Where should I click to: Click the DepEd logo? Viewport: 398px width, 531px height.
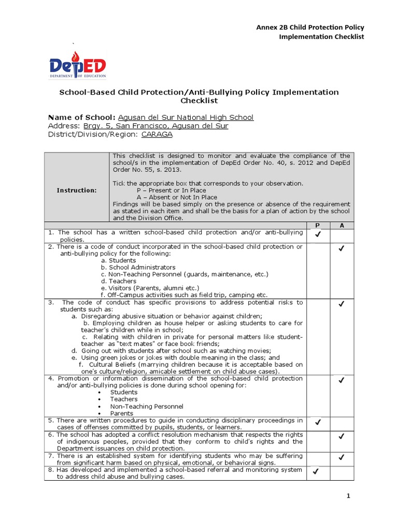point(78,65)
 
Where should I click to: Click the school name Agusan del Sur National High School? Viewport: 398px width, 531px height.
point(186,117)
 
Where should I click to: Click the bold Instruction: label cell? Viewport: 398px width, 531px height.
point(77,190)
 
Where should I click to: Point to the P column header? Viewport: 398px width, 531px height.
point(318,226)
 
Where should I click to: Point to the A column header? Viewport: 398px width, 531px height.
point(342,226)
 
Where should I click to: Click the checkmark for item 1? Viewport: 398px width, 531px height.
point(318,235)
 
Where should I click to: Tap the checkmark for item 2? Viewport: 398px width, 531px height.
point(342,249)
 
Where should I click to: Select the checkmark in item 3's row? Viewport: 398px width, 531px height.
point(342,304)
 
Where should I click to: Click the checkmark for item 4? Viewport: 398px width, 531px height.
point(342,381)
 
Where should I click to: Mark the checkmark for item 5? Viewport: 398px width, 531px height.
point(318,423)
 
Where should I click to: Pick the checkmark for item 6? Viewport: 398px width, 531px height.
point(342,437)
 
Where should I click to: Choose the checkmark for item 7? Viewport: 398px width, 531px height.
point(342,457)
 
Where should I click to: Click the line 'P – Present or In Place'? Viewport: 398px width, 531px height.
point(170,190)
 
